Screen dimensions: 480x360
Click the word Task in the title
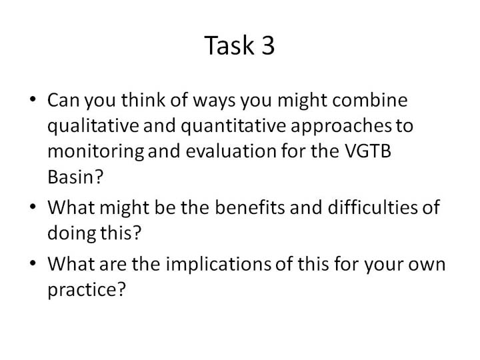tap(229, 45)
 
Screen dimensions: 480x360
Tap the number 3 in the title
tap(268, 45)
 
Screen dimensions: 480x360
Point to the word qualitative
tap(93, 126)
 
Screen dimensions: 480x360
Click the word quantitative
tap(233, 126)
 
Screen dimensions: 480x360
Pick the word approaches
tap(341, 127)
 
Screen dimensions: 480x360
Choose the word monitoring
tap(95, 152)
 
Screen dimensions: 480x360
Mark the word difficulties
tap(372, 207)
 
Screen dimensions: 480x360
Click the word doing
tap(71, 234)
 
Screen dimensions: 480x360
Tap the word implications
tap(218, 265)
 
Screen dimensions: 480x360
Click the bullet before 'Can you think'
tap(33, 99)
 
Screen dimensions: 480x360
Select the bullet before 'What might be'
tap(33, 207)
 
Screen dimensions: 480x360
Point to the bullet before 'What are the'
tap(33, 263)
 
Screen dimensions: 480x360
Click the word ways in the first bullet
tap(214, 101)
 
